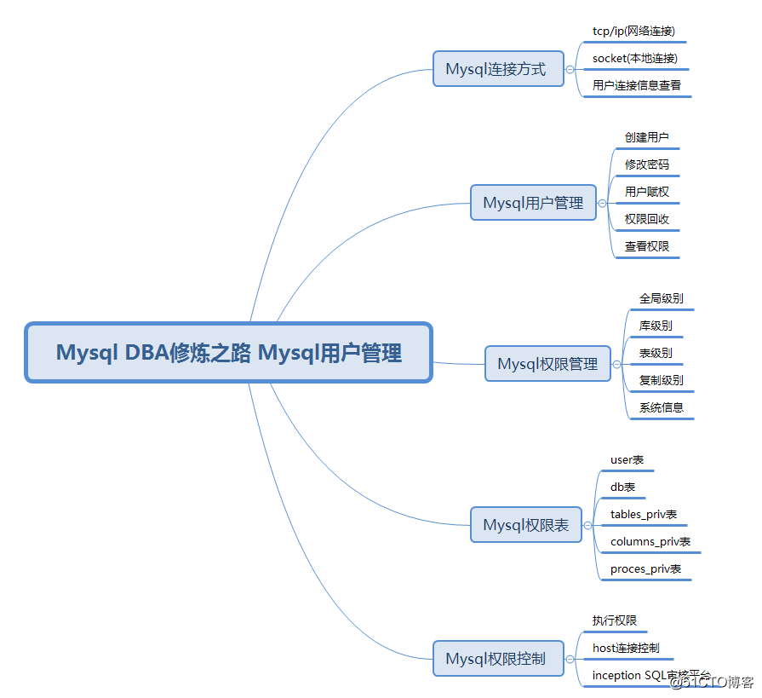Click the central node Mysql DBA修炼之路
pos(228,353)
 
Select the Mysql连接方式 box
pos(498,69)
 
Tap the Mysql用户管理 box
pos(534,203)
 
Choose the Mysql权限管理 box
pos(547,364)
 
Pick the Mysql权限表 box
pos(525,525)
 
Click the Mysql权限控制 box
pos(498,659)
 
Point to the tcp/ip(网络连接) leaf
pos(634,32)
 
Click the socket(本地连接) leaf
pos(635,59)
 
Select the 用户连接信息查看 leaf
pos(637,86)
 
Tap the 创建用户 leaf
pos(646,137)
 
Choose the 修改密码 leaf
pos(646,164)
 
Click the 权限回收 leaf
pos(646,219)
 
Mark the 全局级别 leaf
pos(661,299)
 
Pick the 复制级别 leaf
pos(661,380)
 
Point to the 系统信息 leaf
pos(661,407)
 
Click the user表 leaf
pos(627,460)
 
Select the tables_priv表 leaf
pos(643,515)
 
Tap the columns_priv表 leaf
pos(650,542)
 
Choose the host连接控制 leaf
pos(626,648)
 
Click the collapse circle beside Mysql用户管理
pos(603,204)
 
